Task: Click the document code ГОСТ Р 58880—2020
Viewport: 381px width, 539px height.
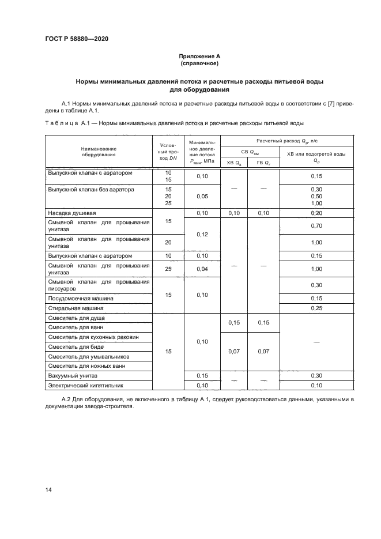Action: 76,39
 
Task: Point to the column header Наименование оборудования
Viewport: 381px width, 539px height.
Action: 99,152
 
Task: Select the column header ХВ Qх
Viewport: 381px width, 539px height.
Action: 233,163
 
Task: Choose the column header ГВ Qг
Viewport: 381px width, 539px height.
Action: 262,163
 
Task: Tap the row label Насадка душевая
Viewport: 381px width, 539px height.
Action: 72,213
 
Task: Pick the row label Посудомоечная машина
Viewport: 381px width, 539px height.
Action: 81,299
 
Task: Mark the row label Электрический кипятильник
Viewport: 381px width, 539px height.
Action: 86,385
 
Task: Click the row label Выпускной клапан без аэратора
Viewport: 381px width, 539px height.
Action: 91,189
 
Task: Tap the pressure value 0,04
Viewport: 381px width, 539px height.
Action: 202,269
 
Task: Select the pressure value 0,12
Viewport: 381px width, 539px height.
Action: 202,235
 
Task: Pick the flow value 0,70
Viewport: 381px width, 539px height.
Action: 316,225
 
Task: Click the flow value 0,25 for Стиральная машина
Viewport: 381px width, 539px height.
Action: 316,308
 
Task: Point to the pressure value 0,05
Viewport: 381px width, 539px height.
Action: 202,196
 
